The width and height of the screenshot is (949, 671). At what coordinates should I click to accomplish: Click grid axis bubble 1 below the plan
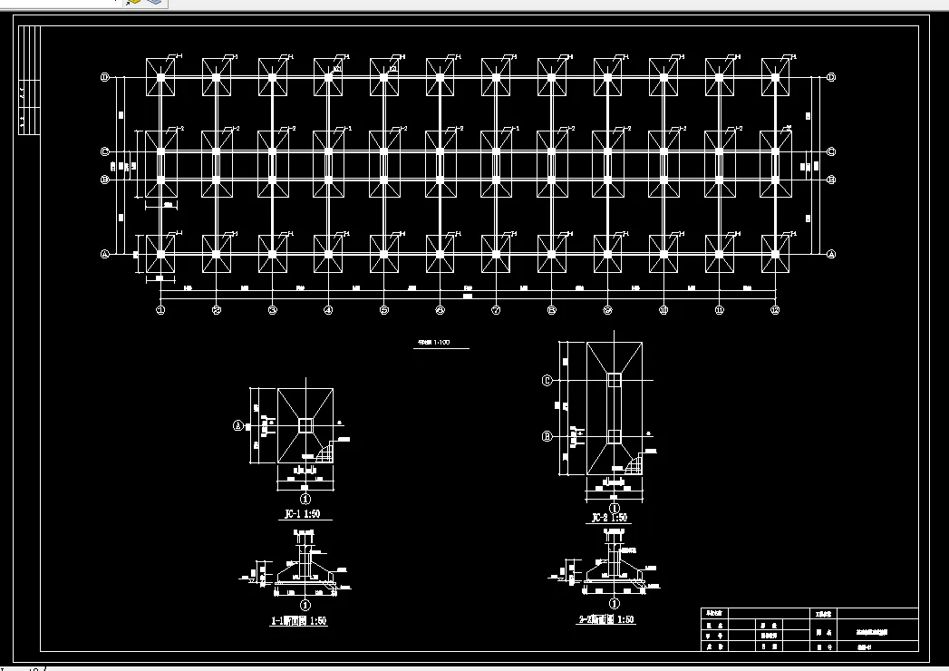coord(160,310)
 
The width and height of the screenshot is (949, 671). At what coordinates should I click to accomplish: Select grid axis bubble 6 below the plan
coord(440,310)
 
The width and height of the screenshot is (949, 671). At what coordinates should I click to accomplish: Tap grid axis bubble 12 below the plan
coord(775,310)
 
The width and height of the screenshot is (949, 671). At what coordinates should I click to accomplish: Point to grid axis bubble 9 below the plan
coord(607,310)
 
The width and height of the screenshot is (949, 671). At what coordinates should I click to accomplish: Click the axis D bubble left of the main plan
coord(105,78)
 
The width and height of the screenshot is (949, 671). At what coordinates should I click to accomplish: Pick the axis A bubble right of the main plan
coord(831,255)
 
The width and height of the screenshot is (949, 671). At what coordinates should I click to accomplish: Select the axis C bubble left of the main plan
coord(105,151)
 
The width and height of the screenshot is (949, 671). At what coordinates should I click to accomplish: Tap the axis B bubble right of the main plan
coord(831,180)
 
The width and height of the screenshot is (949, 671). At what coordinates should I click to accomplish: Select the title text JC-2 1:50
coord(609,518)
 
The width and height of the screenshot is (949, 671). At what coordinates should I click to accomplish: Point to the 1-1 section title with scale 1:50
coord(299,622)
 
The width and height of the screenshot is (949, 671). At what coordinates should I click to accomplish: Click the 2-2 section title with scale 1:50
coord(605,620)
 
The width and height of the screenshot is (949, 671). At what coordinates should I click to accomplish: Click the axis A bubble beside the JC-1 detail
coord(238,423)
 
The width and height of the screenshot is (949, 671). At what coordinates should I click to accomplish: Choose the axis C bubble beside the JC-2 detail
coord(547,380)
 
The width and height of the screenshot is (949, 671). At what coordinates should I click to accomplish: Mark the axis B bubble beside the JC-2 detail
coord(547,436)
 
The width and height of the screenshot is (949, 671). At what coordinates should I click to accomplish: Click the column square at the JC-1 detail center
coord(305,424)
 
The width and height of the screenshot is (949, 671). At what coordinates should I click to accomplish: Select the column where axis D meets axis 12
coord(775,78)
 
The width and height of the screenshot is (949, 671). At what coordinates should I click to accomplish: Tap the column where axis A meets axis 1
coord(160,255)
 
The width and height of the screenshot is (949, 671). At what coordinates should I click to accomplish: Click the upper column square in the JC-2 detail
coord(615,379)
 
